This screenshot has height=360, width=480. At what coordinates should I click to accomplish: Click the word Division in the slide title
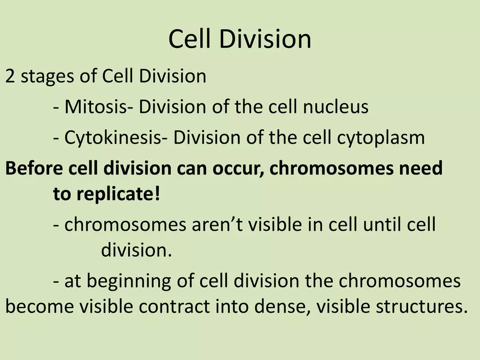(265, 39)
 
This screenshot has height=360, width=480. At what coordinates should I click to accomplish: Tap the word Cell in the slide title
(190, 39)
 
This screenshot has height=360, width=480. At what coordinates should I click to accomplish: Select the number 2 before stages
(10, 76)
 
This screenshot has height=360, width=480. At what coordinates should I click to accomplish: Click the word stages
(47, 77)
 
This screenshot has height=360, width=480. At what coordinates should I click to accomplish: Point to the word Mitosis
(96, 107)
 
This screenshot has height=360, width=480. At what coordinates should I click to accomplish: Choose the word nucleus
(336, 107)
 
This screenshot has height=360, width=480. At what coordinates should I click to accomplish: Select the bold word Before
(34, 168)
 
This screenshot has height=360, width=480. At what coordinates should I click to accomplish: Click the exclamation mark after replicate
(157, 194)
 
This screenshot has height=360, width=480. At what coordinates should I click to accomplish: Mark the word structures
(419, 307)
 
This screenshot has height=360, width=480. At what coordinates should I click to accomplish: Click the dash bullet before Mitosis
(56, 108)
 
